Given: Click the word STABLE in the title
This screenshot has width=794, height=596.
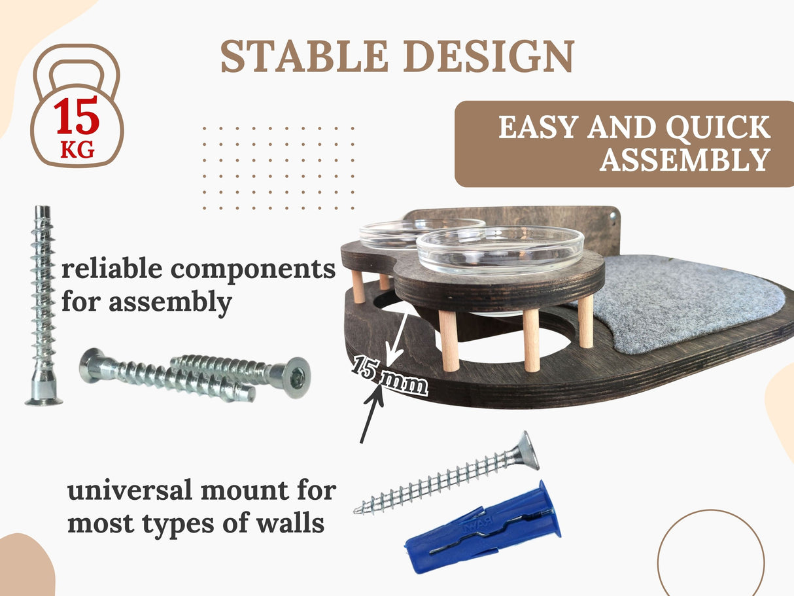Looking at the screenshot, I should click(x=305, y=56).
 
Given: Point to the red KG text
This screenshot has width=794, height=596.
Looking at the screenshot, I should click(x=77, y=151).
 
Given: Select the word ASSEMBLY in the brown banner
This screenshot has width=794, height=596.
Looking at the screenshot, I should click(x=684, y=159).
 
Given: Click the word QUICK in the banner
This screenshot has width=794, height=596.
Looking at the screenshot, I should click(x=723, y=127).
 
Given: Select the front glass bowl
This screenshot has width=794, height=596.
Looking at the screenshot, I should click(x=500, y=249).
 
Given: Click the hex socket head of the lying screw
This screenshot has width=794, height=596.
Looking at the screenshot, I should click(x=296, y=376).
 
